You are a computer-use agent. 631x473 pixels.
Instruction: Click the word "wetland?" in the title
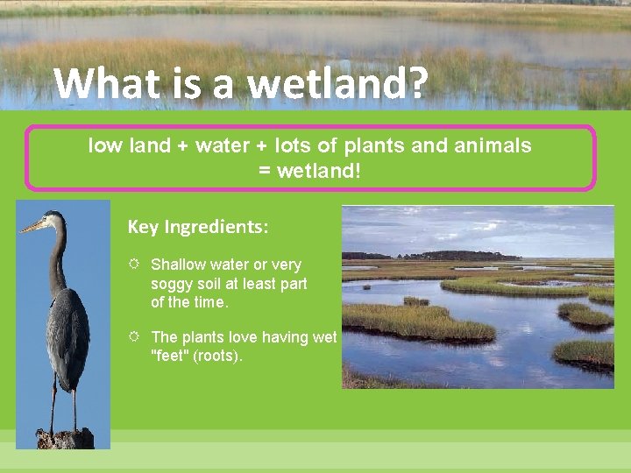[338, 85]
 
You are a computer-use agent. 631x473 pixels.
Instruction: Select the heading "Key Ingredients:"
[198, 228]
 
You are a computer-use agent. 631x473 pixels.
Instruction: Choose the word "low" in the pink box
[104, 145]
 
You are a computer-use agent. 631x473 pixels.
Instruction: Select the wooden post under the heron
[64, 438]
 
